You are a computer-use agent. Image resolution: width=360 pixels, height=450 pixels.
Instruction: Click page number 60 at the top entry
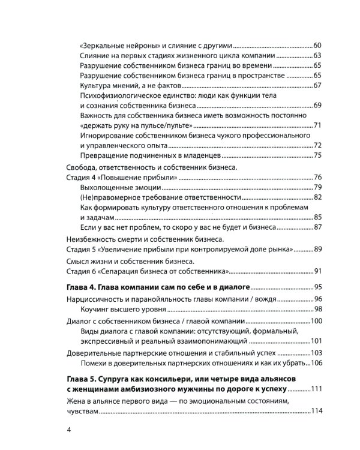click(318, 46)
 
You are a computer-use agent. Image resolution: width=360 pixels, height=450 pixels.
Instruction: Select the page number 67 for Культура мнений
click(318, 86)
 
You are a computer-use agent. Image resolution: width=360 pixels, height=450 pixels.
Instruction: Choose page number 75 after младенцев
click(318, 157)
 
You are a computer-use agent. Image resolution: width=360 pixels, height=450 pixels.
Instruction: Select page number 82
click(318, 198)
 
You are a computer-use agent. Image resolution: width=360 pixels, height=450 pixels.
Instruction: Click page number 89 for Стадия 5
click(318, 249)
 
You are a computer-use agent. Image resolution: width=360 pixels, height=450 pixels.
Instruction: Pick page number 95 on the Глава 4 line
click(318, 287)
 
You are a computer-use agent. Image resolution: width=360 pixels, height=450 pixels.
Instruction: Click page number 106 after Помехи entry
click(316, 364)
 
